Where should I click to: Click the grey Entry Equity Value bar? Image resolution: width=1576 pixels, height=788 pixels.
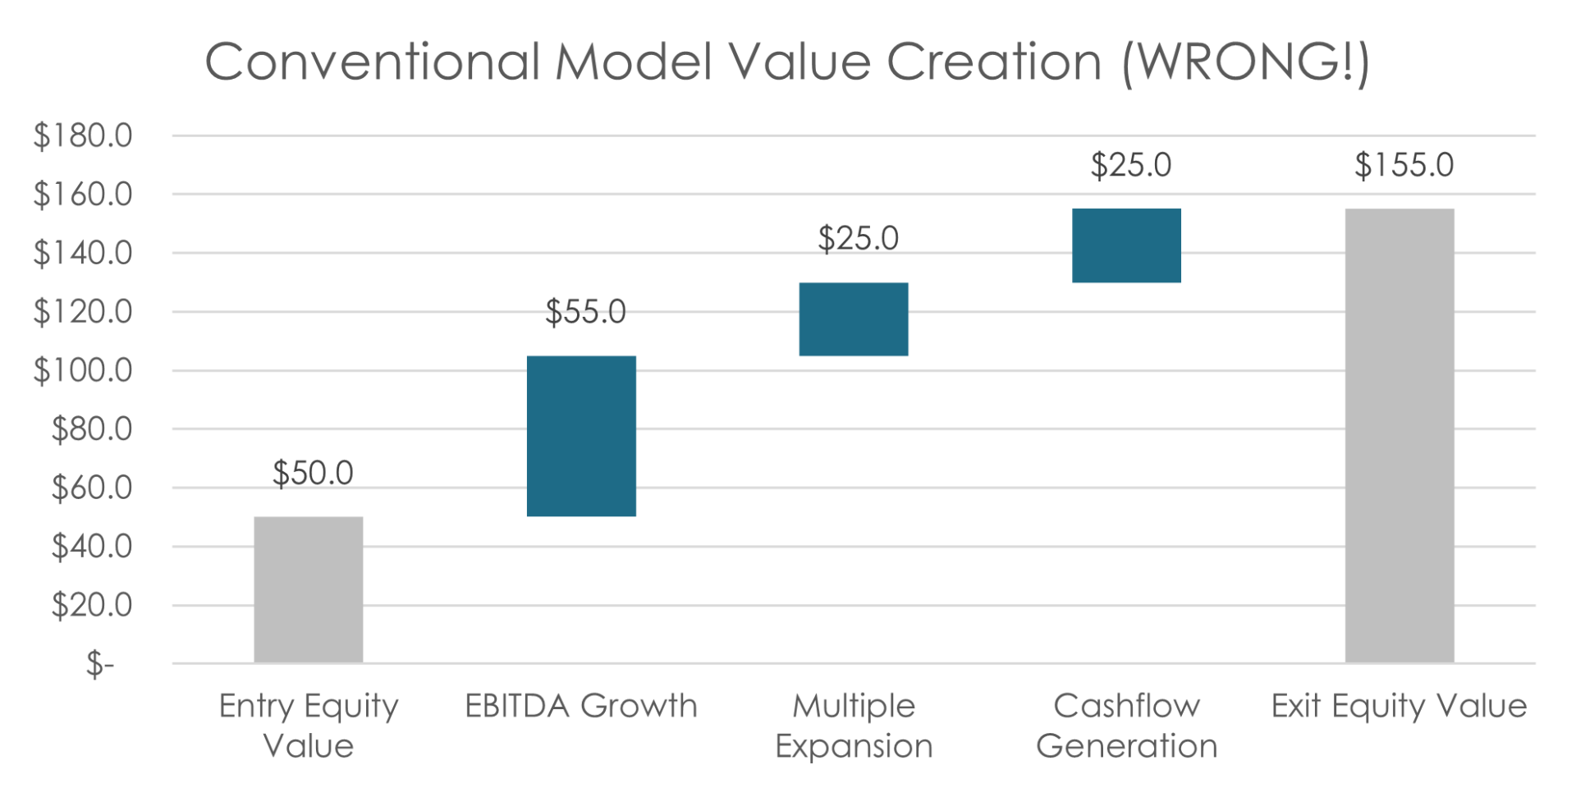(x=309, y=589)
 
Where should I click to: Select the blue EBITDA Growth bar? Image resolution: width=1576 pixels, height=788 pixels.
(x=581, y=436)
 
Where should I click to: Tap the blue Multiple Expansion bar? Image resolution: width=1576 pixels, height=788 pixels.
(x=854, y=319)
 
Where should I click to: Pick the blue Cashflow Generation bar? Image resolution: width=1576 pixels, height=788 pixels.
(x=1126, y=246)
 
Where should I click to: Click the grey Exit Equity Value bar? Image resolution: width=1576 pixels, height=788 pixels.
(x=1400, y=435)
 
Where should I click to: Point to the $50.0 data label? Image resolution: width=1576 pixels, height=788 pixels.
(x=313, y=473)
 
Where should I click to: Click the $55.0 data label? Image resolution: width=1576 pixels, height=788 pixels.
(x=585, y=312)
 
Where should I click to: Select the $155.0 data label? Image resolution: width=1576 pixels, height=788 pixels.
(x=1404, y=166)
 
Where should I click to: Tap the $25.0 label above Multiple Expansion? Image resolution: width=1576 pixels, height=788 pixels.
(x=858, y=239)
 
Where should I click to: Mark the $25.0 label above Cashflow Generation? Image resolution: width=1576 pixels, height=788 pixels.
(x=1130, y=166)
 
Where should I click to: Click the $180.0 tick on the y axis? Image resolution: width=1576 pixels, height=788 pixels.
(x=82, y=137)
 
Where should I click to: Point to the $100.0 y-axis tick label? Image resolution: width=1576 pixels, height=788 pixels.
(x=82, y=372)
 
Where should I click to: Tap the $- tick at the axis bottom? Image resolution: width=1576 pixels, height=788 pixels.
(x=99, y=665)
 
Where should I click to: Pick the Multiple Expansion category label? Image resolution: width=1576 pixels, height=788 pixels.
(x=854, y=726)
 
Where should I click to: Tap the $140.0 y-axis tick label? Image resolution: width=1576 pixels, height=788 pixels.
(x=82, y=254)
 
